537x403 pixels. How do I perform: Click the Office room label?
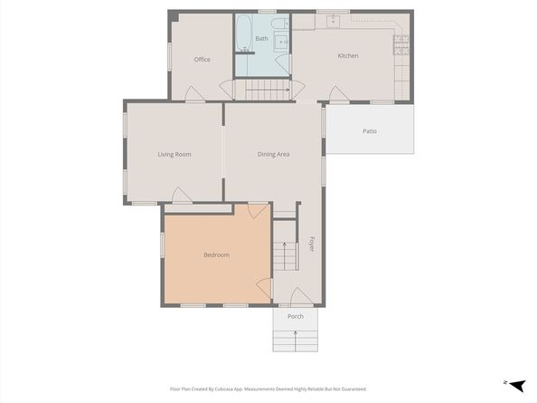(x=202, y=60)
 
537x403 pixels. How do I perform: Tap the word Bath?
(x=261, y=39)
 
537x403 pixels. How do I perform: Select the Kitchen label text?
(x=348, y=56)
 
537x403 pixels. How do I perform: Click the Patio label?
(x=370, y=131)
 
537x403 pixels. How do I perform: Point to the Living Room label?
(x=174, y=155)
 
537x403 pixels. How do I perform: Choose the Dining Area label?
(x=273, y=155)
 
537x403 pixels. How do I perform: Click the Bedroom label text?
(x=216, y=255)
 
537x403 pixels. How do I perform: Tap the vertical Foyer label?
(x=312, y=244)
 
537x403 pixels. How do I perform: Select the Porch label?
(x=296, y=317)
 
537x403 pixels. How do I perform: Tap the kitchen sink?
(x=334, y=18)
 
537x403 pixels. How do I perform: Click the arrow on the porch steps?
(x=296, y=338)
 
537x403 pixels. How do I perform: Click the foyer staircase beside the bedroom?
(x=286, y=256)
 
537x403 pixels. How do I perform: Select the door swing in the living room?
(x=181, y=195)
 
